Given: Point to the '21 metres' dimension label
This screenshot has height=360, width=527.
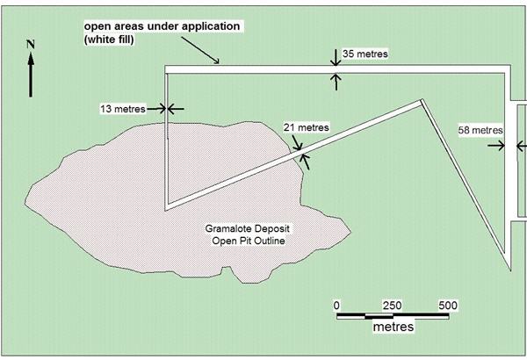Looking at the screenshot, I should click(307, 127).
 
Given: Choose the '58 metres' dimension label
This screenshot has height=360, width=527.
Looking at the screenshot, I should click(480, 130).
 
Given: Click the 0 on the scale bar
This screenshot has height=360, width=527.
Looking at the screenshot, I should click(336, 305).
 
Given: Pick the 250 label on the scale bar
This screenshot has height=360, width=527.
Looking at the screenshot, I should click(393, 305).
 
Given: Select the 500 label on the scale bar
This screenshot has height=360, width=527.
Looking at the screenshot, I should click(449, 305).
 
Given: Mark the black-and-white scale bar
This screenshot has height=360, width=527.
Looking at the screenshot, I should click(393, 314).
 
